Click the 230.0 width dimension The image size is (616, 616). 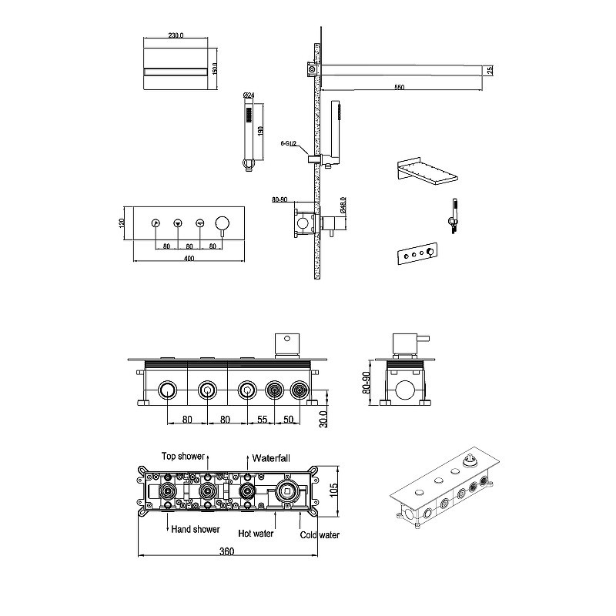pos(176,35)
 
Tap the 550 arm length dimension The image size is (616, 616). pos(399,87)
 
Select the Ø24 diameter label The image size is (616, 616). pos(249,95)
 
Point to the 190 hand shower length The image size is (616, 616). pos(260,131)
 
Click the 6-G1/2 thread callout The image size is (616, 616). pos(288,144)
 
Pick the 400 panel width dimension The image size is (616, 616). pos(189,258)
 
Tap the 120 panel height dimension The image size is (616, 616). pos(122,223)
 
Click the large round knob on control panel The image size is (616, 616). pos(223,223)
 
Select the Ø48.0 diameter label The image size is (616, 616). pos(343,206)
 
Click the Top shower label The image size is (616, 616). pos(183,456)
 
